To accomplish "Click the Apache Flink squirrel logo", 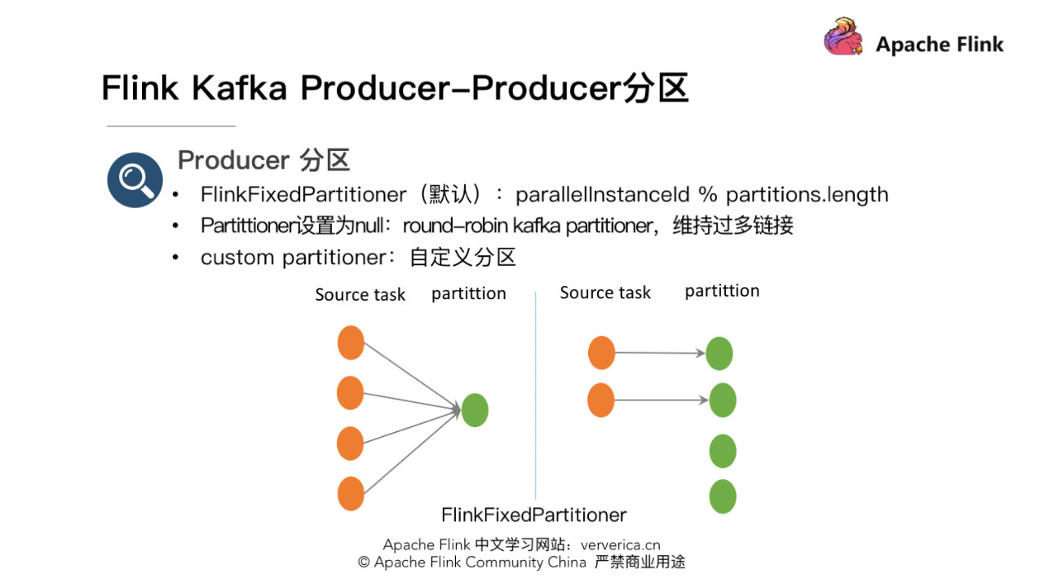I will pyautogui.click(x=843, y=38).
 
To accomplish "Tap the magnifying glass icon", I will pyautogui.click(x=135, y=179).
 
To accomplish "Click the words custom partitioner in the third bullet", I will pyautogui.click(x=293, y=258).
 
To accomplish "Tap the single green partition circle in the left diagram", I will pyautogui.click(x=475, y=409).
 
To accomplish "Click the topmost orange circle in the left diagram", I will pyautogui.click(x=351, y=342).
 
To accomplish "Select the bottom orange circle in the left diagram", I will pyautogui.click(x=351, y=493).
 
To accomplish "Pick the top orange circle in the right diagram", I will pyautogui.click(x=601, y=352).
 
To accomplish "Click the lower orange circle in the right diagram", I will pyautogui.click(x=601, y=400).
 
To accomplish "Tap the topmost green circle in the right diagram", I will pyautogui.click(x=719, y=354).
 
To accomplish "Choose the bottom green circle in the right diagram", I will pyautogui.click(x=723, y=497).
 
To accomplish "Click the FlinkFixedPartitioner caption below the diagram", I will pyautogui.click(x=533, y=515).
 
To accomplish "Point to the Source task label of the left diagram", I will pyautogui.click(x=360, y=295).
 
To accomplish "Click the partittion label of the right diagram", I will pyautogui.click(x=722, y=291).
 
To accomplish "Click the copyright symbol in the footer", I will pyautogui.click(x=364, y=563).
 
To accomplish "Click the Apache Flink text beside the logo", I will pyautogui.click(x=940, y=45).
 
